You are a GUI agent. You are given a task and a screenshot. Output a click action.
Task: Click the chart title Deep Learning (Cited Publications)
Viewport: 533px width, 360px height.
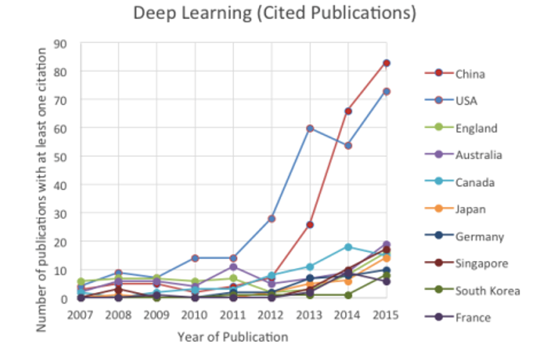point(273,14)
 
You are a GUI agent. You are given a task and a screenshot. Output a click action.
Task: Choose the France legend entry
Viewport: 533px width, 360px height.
point(472,318)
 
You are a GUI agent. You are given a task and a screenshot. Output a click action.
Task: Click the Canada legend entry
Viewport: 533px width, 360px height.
point(473,182)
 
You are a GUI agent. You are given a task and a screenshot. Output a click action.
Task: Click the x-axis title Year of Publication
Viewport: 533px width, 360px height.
point(233,337)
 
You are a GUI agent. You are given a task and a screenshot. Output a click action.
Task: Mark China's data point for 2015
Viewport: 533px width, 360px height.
point(387,63)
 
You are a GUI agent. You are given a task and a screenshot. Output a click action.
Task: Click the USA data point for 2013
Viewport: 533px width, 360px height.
point(310,128)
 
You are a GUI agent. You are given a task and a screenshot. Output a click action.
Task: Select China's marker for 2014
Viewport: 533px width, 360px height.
point(348,111)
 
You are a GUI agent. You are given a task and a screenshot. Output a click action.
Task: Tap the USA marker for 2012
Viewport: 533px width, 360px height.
point(272,219)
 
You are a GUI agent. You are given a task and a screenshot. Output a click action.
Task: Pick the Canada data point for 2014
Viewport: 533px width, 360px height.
point(348,247)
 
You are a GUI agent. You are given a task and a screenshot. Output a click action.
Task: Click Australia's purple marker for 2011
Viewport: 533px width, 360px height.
point(233,267)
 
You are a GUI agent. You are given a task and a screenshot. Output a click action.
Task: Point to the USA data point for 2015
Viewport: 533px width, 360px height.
point(387,91)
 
